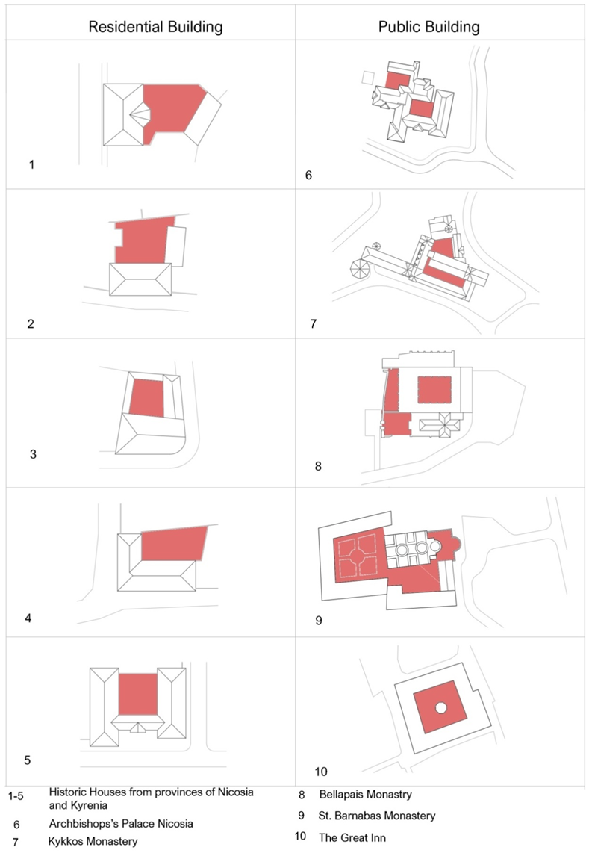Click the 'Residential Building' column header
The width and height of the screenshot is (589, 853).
(155, 27)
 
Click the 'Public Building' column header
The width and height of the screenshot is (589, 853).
(429, 27)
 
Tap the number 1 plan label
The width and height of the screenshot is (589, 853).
(31, 164)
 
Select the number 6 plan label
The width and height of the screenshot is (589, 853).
(308, 176)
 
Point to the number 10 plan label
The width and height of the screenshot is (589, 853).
(321, 772)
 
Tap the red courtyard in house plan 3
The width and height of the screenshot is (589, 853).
(147, 398)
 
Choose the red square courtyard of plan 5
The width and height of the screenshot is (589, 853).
(137, 694)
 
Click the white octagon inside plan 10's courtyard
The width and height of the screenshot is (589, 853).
(441, 708)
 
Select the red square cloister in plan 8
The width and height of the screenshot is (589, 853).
(434, 389)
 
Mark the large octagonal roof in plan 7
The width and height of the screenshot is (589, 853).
(360, 269)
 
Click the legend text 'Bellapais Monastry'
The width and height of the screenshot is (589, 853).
(366, 795)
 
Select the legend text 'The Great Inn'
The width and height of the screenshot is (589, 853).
(352, 838)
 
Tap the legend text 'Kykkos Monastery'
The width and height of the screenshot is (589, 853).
(93, 842)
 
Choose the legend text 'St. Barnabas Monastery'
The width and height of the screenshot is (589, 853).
(377, 816)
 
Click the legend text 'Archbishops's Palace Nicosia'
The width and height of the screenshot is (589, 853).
(121, 824)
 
